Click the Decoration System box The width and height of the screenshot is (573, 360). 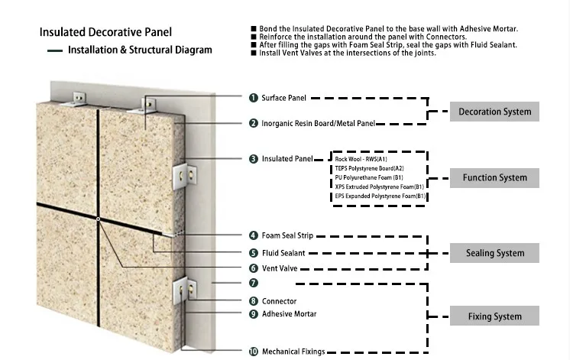(494, 112)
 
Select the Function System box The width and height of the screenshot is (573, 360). (494, 178)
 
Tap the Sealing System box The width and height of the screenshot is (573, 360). (494, 253)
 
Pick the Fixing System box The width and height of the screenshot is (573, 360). (494, 316)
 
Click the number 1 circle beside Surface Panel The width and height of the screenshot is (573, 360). (253, 98)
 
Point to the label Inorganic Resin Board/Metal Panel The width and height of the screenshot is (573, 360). (318, 123)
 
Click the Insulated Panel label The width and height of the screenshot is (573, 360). (287, 159)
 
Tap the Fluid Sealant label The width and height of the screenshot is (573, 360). (284, 252)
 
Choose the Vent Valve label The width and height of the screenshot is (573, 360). (280, 268)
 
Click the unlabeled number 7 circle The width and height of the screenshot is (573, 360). (253, 283)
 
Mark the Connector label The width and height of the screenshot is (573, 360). (279, 301)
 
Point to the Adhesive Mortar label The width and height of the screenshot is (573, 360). (289, 313)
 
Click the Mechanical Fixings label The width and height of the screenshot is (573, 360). (293, 352)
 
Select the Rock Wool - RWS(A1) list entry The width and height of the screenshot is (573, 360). (361, 159)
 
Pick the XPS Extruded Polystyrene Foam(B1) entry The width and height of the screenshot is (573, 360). (379, 186)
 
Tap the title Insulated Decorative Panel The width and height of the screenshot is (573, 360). (105, 32)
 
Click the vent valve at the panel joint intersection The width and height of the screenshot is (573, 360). (99, 219)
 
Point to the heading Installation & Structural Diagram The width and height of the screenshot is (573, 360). (140, 50)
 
